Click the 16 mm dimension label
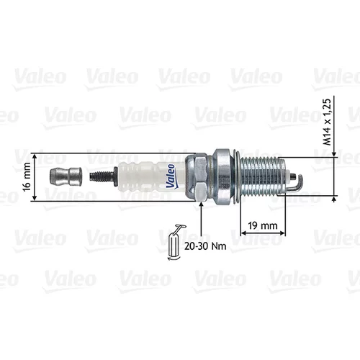27,176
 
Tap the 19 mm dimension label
263,225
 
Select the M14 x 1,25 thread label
327,122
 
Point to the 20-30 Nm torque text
205,246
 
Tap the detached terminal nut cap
66,177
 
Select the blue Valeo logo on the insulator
171,176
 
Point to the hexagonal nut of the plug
197,177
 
